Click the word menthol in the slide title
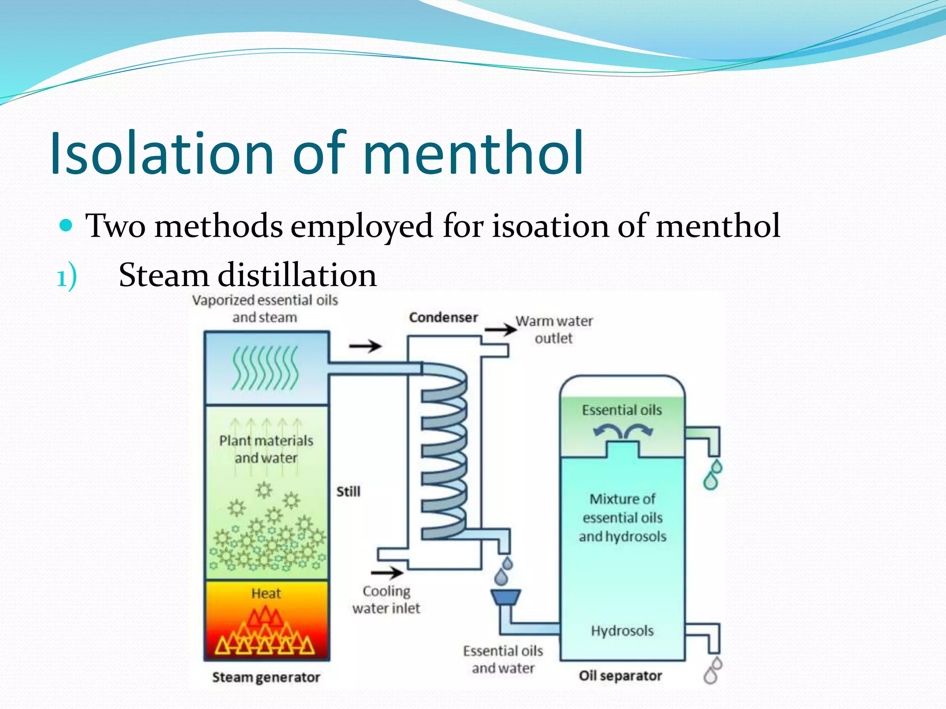[473, 153]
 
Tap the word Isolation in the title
[162, 153]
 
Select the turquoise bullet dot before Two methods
[67, 226]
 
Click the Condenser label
[443, 318]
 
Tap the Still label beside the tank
[348, 492]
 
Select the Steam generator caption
[266, 677]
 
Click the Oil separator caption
[620, 676]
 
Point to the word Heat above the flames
[266, 593]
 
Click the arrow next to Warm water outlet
[501, 329]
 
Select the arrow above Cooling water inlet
[387, 573]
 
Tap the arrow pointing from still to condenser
[365, 346]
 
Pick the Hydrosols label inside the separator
[622, 631]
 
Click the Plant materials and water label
[266, 449]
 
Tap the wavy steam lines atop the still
[265, 369]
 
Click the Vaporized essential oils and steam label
[265, 309]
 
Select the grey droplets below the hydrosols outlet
[712, 671]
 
